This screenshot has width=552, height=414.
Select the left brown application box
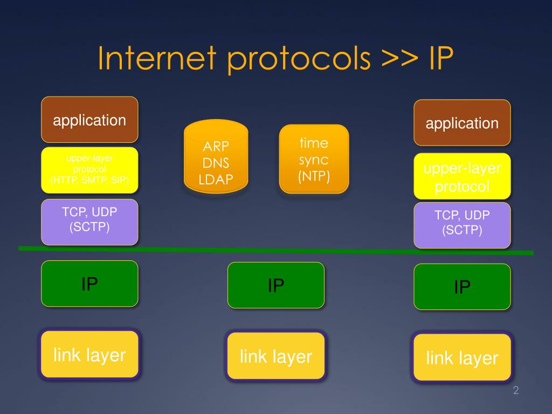[89, 120]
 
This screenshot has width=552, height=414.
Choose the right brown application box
[462, 123]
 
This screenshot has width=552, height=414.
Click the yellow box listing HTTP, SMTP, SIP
[89, 170]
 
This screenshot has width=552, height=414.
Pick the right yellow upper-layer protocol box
[462, 177]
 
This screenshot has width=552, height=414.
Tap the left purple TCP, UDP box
[89, 221]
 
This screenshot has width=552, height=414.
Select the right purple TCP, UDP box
[462, 224]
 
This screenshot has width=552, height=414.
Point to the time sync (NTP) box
[314, 159]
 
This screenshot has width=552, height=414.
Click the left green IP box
[89, 284]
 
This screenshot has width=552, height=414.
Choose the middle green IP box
[276, 285]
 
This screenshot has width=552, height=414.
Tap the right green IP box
[462, 287]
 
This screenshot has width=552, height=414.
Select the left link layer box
[89, 354]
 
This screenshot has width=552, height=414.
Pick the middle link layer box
[276, 356]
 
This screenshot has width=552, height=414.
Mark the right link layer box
[462, 357]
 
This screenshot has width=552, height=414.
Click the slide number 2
[515, 391]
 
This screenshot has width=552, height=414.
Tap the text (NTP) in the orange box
[314, 176]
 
